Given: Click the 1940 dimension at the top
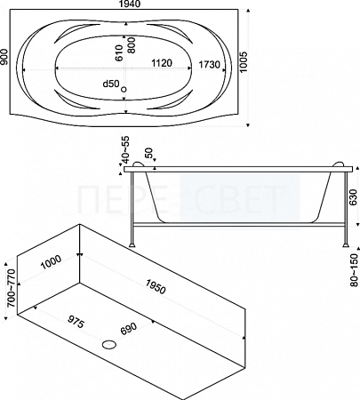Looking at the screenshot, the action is click(x=130, y=4).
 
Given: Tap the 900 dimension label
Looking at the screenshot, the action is click(x=4, y=57).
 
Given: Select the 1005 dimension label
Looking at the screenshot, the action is click(x=243, y=62).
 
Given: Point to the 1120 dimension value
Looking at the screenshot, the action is click(x=162, y=63).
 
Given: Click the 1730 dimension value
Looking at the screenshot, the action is click(x=209, y=64).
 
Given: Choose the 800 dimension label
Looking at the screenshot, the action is click(x=132, y=45).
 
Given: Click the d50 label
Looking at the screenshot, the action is click(x=111, y=84).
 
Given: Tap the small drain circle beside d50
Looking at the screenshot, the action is click(x=124, y=89).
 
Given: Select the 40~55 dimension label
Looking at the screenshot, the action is click(x=125, y=149).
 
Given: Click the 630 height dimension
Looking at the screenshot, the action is click(x=353, y=197).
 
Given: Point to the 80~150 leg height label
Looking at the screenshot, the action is click(x=355, y=270).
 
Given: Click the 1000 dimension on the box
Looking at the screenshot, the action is click(x=51, y=262).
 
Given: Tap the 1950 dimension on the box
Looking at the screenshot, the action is click(x=156, y=287).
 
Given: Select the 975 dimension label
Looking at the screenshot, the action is click(x=76, y=322).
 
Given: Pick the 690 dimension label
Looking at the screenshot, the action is click(x=129, y=329).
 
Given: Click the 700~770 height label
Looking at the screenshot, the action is click(x=12, y=288).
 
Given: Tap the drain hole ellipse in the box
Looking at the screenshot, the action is click(x=109, y=344).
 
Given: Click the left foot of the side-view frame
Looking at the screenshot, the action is click(x=132, y=245).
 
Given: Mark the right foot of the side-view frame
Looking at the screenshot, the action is click(x=346, y=245).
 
